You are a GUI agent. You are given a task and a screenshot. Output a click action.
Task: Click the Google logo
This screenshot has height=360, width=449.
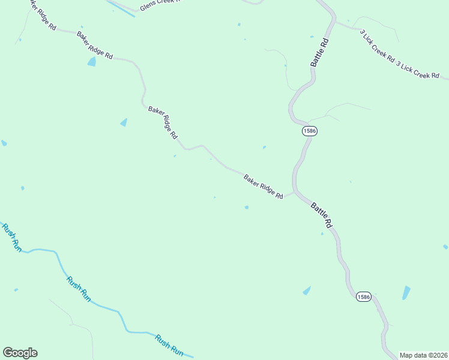pos(20,353)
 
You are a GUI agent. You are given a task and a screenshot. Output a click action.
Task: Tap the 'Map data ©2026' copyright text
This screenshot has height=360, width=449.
pos(423,355)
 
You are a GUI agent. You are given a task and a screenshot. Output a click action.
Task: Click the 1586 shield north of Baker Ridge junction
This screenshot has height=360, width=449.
pos(310,130)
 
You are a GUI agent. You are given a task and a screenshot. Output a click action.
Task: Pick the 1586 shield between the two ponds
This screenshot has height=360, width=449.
pos(363,296)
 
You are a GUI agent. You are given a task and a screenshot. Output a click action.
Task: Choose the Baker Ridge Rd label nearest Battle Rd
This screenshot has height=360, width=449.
pos(263,186)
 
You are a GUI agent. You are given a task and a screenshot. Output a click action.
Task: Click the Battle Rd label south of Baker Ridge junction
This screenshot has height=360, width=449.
pos(322,214)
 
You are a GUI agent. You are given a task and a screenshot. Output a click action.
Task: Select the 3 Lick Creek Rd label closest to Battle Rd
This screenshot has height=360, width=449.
pos(377,47)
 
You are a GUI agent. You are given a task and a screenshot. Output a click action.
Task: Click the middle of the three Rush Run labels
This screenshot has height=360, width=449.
pos(79,289)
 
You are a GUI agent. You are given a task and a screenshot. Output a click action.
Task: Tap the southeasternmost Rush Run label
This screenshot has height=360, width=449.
pos(169,344)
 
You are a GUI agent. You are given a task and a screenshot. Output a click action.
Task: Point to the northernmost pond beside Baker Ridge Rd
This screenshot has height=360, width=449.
pos(91,61)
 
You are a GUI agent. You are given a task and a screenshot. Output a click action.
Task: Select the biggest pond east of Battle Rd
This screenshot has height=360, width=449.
pos(406,293)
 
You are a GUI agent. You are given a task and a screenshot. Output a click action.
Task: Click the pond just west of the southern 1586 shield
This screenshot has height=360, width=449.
pos(307,291)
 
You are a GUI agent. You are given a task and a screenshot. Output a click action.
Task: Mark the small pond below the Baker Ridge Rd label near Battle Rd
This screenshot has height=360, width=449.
pos(246,208)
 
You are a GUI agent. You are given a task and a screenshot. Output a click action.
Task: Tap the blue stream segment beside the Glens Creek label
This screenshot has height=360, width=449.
pos(123,8)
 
